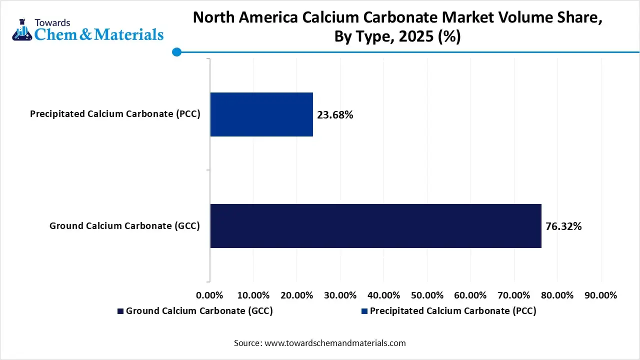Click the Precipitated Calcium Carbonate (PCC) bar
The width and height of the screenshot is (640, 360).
(x=261, y=114)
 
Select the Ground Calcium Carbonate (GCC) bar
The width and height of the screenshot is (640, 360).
(x=375, y=225)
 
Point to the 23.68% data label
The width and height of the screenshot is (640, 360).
(x=335, y=115)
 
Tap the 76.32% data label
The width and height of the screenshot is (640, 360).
(x=563, y=226)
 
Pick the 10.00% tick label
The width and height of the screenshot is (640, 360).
(x=253, y=295)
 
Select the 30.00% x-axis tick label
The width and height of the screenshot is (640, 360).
(x=340, y=295)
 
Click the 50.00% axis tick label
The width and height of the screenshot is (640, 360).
(x=427, y=295)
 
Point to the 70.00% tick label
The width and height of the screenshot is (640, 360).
(x=514, y=295)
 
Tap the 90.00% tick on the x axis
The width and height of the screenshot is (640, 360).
(x=601, y=295)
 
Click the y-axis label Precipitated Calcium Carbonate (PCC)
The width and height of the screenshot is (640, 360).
(x=115, y=114)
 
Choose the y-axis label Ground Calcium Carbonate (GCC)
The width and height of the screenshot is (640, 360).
(x=124, y=226)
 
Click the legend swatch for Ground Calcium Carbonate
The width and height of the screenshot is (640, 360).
(x=120, y=311)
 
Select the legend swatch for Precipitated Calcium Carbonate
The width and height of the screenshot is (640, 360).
(x=364, y=311)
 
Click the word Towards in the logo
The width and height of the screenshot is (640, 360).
(x=52, y=22)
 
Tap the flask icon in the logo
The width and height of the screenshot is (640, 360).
(x=21, y=31)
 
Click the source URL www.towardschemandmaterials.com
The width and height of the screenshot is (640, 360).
(x=335, y=343)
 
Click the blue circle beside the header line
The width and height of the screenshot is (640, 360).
(x=176, y=52)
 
